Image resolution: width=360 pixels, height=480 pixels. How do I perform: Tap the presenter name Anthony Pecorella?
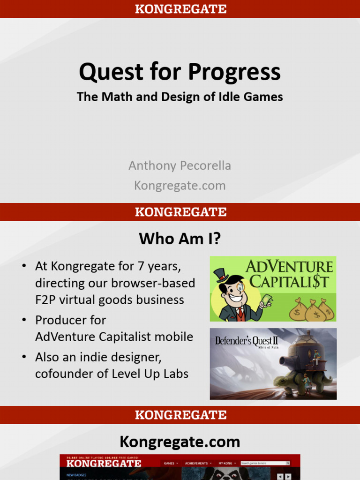pyautogui.click(x=180, y=165)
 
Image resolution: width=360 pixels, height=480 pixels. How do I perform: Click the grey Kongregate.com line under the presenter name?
pyautogui.click(x=180, y=186)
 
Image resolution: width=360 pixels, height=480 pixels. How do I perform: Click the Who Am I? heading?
pyautogui.click(x=180, y=239)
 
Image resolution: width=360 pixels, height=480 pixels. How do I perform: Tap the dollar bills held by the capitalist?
pyautogui.click(x=266, y=300)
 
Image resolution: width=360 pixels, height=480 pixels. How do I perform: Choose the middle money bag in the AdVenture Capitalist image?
pyautogui.click(x=315, y=312)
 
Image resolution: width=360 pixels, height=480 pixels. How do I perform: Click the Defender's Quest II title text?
pyautogui.click(x=247, y=341)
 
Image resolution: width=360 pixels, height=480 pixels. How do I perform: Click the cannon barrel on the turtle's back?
pyautogui.click(x=287, y=360)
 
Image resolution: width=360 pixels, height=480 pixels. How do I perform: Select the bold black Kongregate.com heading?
pyautogui.click(x=180, y=442)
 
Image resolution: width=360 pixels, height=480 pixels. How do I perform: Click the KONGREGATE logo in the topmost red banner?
pyautogui.click(x=180, y=8)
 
